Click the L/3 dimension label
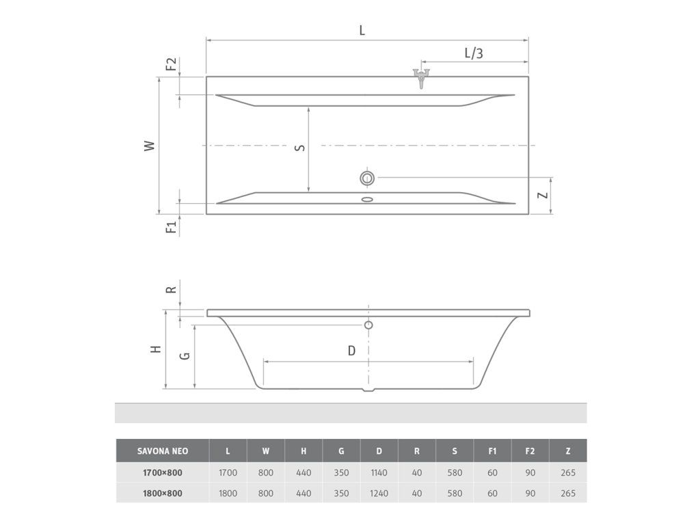(474, 53)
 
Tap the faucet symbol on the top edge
(421, 78)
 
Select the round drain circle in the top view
(367, 178)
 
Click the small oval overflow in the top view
(367, 199)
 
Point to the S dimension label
(301, 148)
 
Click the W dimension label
(150, 146)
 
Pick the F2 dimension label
(171, 64)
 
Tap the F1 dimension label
(172, 226)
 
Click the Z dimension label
(542, 195)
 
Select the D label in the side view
(351, 351)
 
